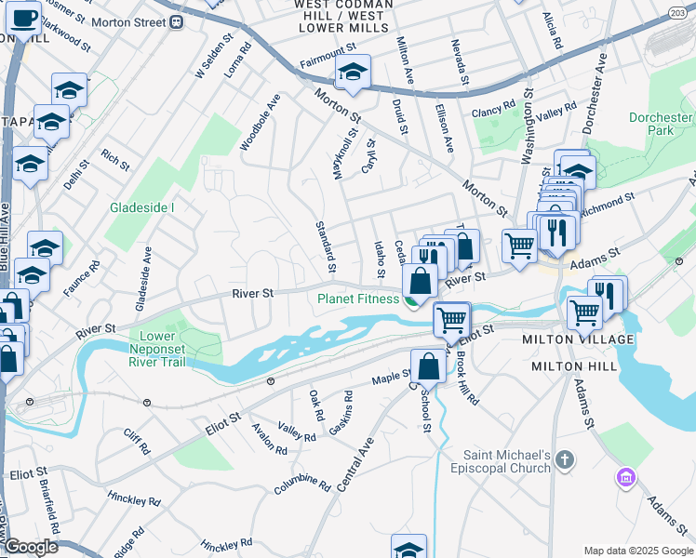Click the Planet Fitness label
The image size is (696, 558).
[357, 299]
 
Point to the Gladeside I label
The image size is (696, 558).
[141, 207]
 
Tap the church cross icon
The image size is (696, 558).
[566, 460]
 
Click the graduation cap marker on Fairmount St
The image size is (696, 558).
[354, 73]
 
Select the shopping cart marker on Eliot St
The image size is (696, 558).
[452, 319]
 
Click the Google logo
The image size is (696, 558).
[30, 548]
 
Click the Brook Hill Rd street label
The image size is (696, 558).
[466, 374]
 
